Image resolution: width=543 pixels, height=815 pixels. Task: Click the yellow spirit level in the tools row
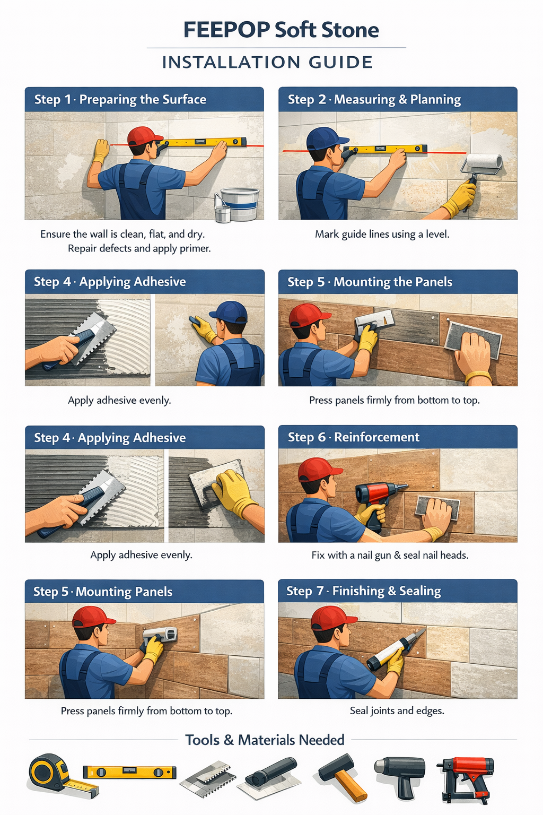click(129, 772)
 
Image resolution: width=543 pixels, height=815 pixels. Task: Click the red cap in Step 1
click(143, 136)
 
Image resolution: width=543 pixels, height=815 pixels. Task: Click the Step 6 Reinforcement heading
click(354, 437)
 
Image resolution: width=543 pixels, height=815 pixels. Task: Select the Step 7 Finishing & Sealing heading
click(364, 591)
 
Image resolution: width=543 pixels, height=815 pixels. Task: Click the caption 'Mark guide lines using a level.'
click(382, 234)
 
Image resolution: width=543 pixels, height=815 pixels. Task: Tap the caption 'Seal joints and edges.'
click(397, 710)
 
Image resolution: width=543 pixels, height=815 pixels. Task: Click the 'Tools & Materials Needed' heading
click(265, 740)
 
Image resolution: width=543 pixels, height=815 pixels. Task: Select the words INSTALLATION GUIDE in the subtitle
click(268, 62)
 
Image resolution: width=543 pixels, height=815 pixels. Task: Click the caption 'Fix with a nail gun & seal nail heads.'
click(390, 555)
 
